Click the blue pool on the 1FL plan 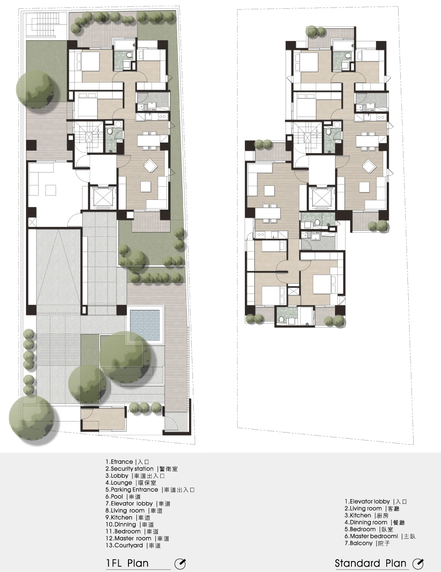click(x=145, y=326)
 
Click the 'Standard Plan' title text click(x=370, y=563)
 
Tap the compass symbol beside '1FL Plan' click(x=180, y=564)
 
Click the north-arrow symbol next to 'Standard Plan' click(x=418, y=564)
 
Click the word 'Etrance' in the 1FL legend click(x=122, y=462)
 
